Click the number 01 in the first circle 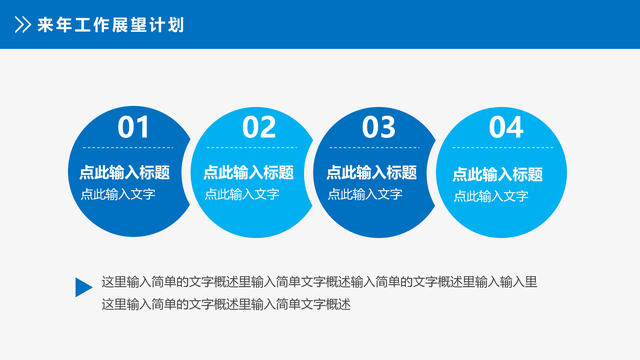tap(133, 127)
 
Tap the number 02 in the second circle tap(259, 127)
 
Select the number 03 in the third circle tap(379, 127)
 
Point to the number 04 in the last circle tap(506, 127)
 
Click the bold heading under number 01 tap(124, 172)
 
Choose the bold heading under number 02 tap(248, 172)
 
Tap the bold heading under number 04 tap(498, 174)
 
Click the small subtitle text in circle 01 tap(118, 195)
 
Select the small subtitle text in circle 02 tap(242, 195)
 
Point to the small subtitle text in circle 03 tap(365, 195)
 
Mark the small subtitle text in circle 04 tap(491, 197)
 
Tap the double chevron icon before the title tap(20, 24)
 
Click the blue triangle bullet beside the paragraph tap(83, 287)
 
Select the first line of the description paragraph tap(320, 282)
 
